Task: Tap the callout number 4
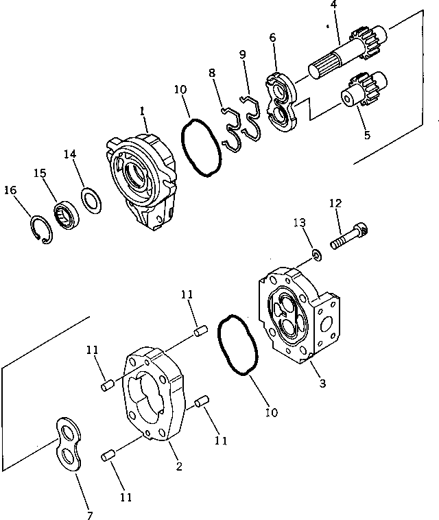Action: (333, 6)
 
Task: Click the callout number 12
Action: (334, 203)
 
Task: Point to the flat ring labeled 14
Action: (90, 200)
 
